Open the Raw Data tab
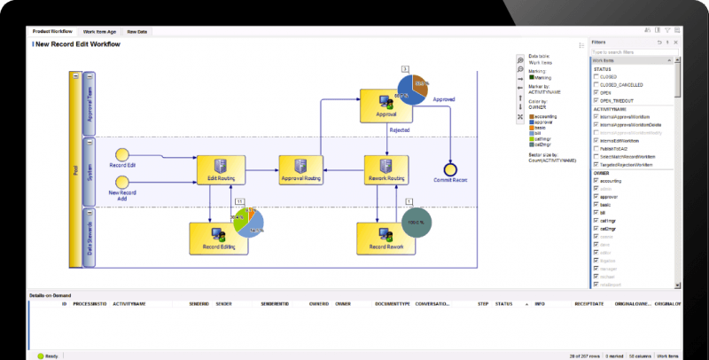[x=137, y=32]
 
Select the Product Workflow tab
[x=55, y=32]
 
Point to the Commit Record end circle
[x=450, y=168]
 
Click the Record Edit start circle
[x=122, y=154]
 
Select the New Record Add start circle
[x=122, y=181]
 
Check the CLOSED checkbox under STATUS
[x=596, y=77]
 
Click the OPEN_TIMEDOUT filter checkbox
[x=596, y=100]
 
